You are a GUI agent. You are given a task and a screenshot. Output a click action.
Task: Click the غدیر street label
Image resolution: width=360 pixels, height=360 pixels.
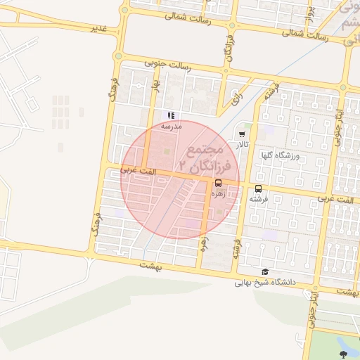tap(103, 27)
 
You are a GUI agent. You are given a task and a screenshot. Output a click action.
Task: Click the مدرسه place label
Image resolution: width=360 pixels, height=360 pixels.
tap(172, 126)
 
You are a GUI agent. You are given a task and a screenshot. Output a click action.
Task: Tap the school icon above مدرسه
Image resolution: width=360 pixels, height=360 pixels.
tap(171, 115)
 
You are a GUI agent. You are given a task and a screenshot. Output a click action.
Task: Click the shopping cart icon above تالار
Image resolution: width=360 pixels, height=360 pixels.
tap(243, 133)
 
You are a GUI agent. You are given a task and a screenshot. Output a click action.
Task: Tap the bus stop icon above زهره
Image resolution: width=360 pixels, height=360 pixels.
tap(218, 183)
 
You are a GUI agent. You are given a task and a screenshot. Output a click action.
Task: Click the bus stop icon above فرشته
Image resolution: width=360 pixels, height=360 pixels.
tap(259, 188)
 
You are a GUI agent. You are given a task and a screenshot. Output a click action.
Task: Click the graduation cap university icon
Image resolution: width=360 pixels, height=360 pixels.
tap(265, 272)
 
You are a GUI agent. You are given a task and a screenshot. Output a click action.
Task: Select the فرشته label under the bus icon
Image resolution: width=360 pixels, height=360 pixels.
tap(259, 199)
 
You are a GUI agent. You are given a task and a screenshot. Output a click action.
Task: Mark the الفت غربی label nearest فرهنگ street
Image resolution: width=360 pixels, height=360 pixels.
tap(136, 169)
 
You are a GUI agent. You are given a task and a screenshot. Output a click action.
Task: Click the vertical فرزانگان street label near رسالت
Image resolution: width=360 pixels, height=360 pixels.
tap(229, 48)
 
